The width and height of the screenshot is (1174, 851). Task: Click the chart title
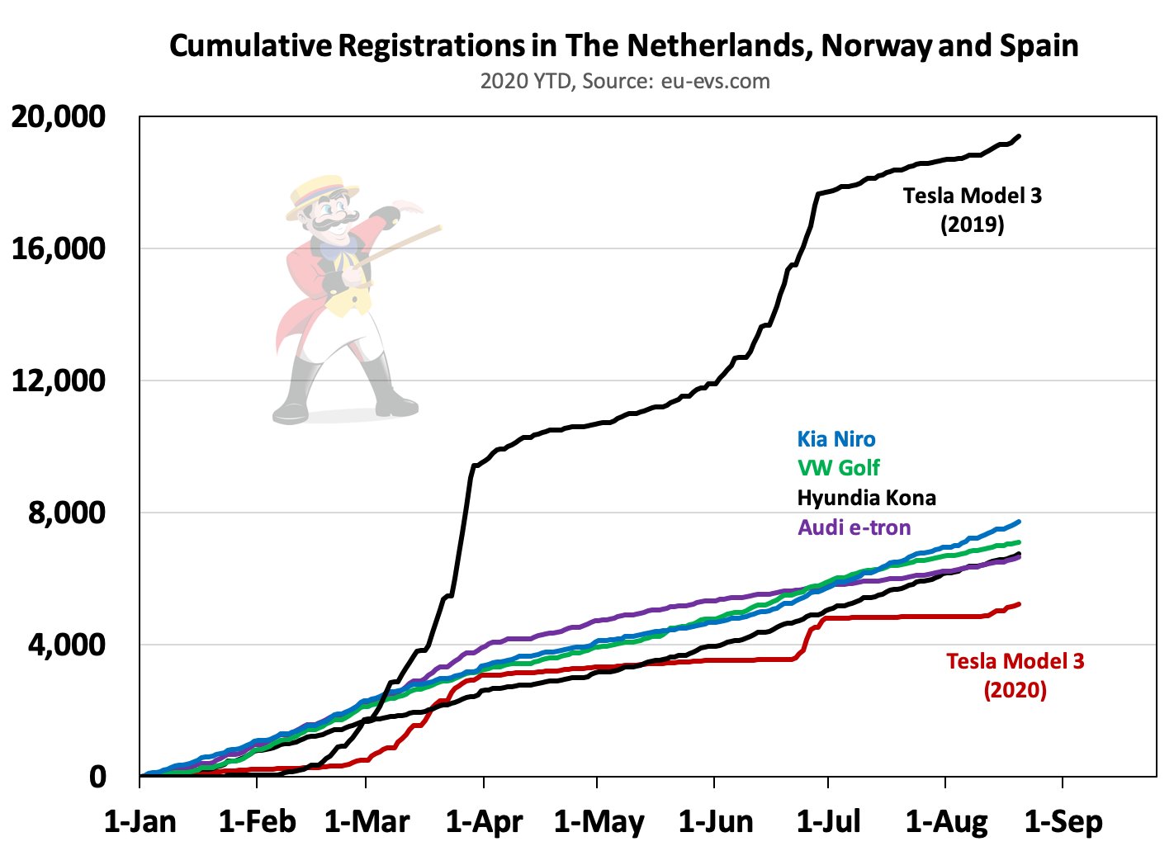[x=623, y=46]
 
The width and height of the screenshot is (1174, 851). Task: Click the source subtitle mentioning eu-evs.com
[x=625, y=82]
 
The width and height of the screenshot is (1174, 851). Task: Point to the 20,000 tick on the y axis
[x=58, y=116]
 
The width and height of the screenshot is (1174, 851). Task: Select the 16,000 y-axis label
[x=58, y=248]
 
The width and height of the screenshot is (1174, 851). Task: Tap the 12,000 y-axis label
[x=58, y=381]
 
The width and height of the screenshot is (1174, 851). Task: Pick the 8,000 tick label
[x=67, y=513]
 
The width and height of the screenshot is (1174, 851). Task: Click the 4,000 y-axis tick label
[x=67, y=645]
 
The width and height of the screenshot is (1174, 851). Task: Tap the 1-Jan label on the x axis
[x=140, y=821]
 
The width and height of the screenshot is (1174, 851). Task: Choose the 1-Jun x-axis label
[x=716, y=821]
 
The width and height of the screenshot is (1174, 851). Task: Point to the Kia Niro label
[x=836, y=439]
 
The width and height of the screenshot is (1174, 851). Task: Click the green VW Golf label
[x=838, y=468]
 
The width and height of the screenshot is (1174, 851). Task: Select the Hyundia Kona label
[x=866, y=498]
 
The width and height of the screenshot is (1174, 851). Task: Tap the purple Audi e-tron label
[x=854, y=527]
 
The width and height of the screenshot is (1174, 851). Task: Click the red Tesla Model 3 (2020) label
[x=1015, y=675]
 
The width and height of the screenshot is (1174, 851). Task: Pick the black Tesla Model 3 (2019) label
[x=973, y=210]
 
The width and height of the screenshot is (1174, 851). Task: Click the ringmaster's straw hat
[x=321, y=196]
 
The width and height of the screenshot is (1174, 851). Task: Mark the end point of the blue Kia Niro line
[x=1019, y=522]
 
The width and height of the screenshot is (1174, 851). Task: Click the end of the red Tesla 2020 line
[x=1019, y=604]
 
